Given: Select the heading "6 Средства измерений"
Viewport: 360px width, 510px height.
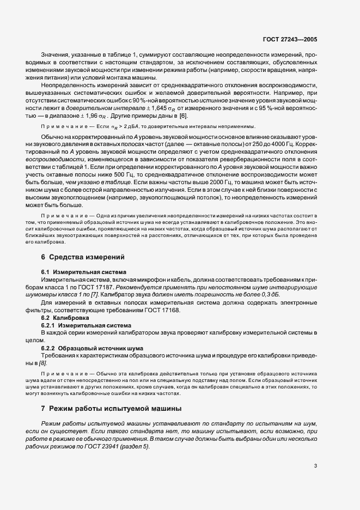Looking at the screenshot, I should pos(83,256).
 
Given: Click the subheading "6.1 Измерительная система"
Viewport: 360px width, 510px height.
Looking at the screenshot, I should pos(84,271).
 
